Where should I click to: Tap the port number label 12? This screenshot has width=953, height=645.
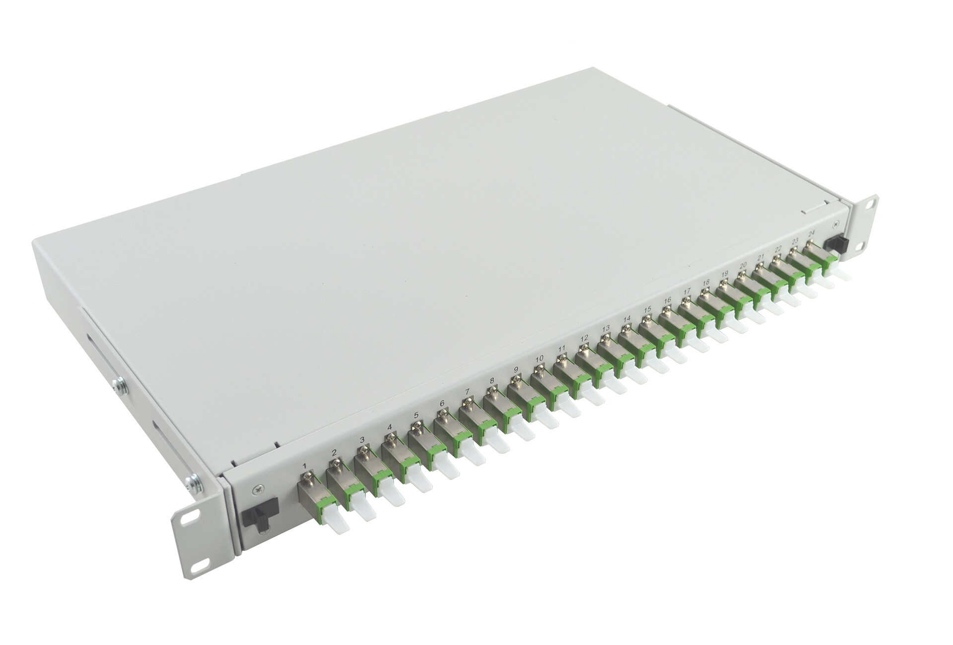(x=584, y=338)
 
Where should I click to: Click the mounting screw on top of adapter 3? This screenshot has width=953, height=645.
(x=364, y=449)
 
